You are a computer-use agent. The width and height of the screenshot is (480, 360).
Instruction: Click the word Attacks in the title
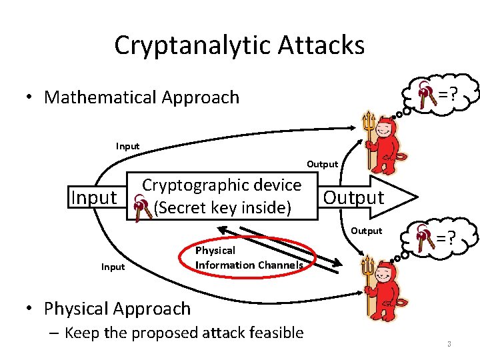327,45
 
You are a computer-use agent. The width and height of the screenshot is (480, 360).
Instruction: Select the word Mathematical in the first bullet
110,97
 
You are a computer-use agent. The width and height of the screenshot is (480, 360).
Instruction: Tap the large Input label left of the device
93,198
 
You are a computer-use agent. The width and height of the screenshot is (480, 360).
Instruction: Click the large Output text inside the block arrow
353,197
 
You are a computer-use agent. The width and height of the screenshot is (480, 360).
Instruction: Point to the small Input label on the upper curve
127,146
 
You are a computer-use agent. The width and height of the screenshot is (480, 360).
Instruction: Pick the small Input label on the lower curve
113,267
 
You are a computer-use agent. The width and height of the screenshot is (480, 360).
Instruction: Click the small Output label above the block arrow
322,164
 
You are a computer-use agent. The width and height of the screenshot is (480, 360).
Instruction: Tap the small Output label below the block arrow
366,231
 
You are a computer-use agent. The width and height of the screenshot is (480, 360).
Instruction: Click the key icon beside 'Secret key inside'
142,207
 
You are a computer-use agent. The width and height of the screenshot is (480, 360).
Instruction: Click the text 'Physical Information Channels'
248,258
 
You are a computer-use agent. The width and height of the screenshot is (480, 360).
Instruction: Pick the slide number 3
449,345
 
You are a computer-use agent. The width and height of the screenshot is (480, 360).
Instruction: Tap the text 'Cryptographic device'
222,185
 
